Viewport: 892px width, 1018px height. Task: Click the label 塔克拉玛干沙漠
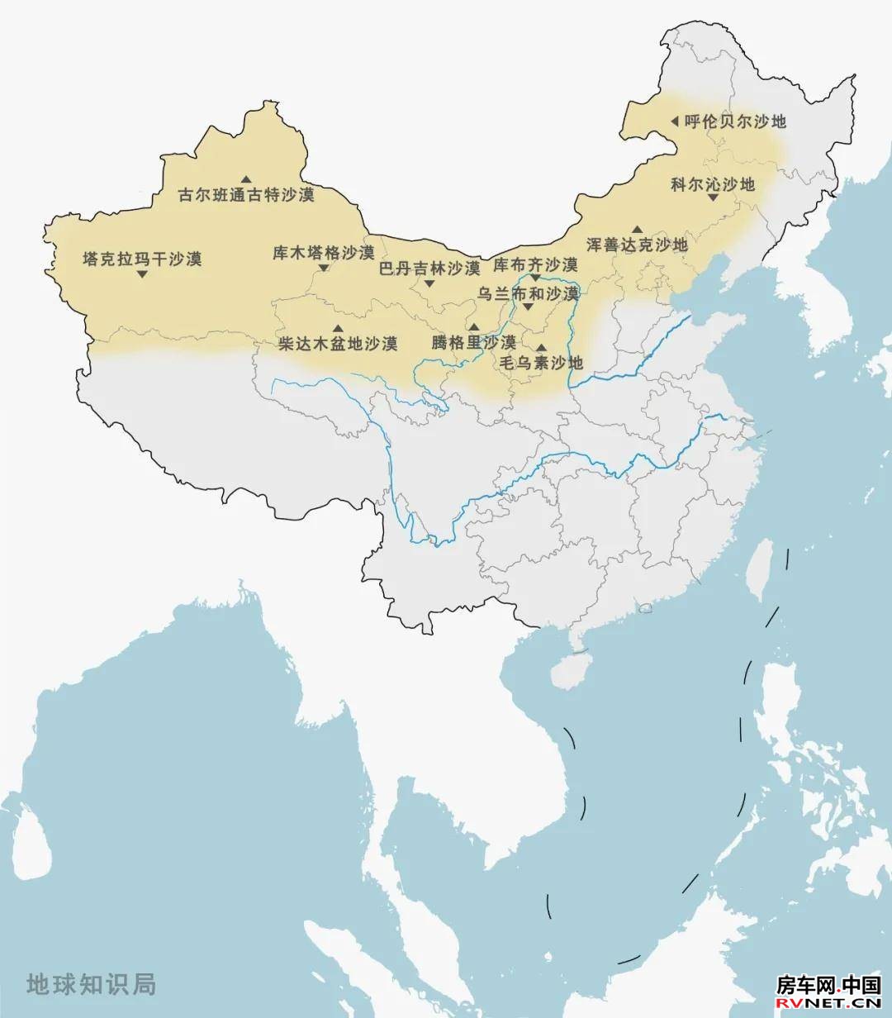point(142,259)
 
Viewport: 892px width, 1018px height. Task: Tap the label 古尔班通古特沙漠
point(247,196)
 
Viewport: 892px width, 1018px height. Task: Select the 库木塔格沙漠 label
point(324,252)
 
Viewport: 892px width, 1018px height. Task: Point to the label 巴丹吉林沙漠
point(429,268)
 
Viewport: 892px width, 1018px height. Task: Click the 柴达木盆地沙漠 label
point(338,343)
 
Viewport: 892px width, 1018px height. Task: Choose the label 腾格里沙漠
point(473,342)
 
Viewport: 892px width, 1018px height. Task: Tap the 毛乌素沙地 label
point(541,363)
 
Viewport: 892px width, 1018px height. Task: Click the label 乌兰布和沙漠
point(529,293)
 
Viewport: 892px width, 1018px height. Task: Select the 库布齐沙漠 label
point(535,265)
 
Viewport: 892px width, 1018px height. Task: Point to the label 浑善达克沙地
point(637,245)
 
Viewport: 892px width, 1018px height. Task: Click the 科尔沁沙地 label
point(713,184)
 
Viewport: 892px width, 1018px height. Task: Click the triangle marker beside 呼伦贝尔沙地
point(674,121)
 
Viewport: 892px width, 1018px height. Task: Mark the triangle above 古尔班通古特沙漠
point(246,179)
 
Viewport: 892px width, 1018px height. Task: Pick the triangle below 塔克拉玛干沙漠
point(142,274)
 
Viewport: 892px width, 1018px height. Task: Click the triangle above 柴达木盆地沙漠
point(337,329)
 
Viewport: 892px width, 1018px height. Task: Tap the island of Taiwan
point(757,570)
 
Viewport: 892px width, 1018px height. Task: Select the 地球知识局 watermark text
point(91,984)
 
